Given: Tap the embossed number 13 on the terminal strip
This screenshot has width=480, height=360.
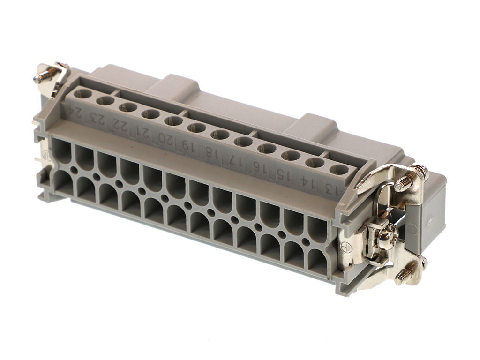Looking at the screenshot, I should click(328, 190).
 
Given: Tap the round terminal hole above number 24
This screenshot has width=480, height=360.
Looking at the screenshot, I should click(82, 94).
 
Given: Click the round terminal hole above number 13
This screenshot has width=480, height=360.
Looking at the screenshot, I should click(338, 170).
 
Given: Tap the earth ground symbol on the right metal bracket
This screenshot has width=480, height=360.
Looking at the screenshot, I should click(347, 246).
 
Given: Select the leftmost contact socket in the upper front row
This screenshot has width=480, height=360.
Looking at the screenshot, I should click(61, 150).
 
